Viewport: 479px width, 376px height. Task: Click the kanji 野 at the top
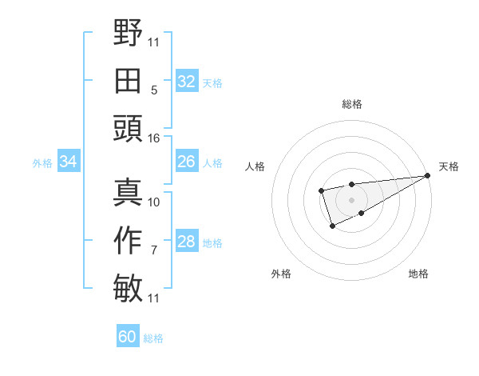point(128,34)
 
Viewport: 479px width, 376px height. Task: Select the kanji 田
point(128,81)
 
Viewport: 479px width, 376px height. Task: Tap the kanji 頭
point(128,128)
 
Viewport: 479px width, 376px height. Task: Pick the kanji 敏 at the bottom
point(128,287)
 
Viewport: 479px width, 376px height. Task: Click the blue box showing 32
point(186,82)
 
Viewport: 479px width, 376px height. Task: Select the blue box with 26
point(186,162)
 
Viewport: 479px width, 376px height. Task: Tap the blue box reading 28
point(186,242)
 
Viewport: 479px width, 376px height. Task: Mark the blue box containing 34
point(68,162)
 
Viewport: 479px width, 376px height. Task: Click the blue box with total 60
point(127,337)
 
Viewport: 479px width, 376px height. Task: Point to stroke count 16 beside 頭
point(154,138)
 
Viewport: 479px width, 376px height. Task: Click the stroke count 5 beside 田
point(154,90)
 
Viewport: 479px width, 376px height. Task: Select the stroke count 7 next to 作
point(154,250)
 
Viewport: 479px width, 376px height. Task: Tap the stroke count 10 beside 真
point(154,202)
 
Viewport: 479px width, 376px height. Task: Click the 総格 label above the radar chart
point(351,104)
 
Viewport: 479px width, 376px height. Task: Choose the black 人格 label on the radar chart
point(256,166)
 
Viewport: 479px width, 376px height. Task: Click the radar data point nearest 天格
point(427,176)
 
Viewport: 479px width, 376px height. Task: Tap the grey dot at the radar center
point(351,199)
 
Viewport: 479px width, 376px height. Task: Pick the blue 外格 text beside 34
point(42,162)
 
